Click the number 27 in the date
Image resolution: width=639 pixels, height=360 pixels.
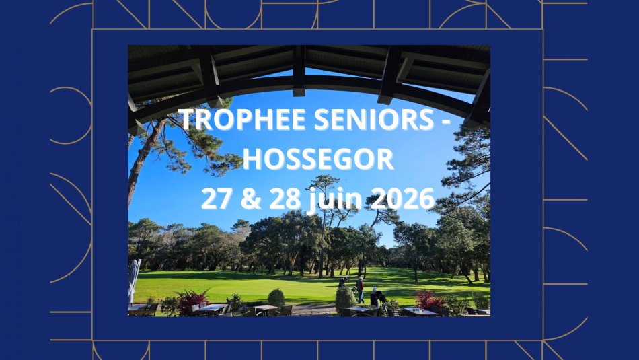coord(218,199)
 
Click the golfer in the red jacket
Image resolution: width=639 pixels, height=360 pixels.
coord(361,289)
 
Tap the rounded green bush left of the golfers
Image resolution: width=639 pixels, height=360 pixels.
coord(276,297)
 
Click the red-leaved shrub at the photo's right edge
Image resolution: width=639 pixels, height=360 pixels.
coord(428,298)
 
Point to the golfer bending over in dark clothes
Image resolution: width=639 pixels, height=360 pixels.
coord(377,296)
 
